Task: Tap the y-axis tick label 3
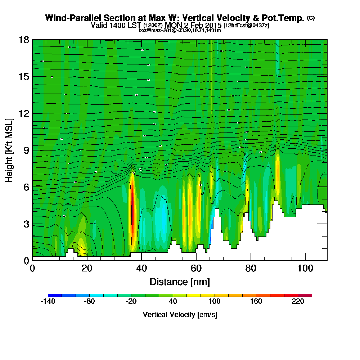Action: (x=26, y=224)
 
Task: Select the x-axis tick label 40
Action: (x=141, y=269)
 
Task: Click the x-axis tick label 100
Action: (x=305, y=269)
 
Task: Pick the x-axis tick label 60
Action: (x=196, y=269)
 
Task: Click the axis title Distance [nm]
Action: (x=180, y=282)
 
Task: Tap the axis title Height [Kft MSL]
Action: (x=9, y=150)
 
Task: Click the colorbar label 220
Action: (x=298, y=302)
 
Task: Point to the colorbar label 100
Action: (x=215, y=302)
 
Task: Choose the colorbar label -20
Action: (x=131, y=302)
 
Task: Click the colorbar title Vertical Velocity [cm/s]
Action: (x=180, y=315)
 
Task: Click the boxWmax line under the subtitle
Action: (x=180, y=30)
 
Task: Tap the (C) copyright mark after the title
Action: (x=311, y=18)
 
